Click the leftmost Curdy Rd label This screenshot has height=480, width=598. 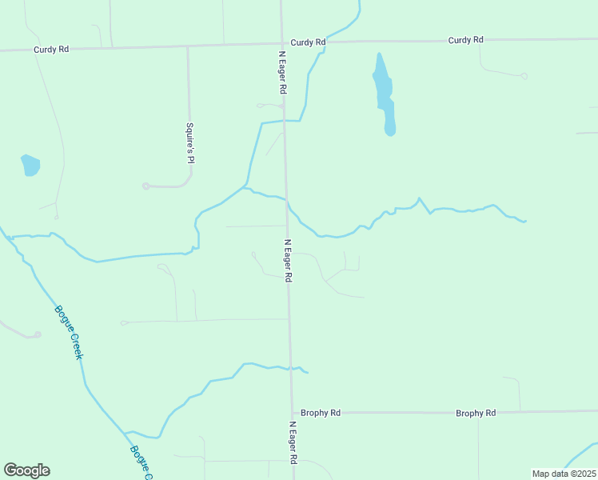pyautogui.click(x=51, y=49)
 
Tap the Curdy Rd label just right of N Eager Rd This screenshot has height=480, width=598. pyautogui.click(x=309, y=42)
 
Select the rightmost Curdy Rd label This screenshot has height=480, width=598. pyautogui.click(x=466, y=39)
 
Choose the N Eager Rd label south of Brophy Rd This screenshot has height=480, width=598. pyautogui.click(x=293, y=442)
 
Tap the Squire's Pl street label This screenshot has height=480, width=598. pyautogui.click(x=190, y=142)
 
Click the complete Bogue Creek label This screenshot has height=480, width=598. pyautogui.click(x=68, y=332)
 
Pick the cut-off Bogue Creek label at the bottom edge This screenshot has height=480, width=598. pyautogui.click(x=141, y=462)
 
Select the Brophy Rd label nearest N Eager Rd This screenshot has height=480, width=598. pyautogui.click(x=321, y=413)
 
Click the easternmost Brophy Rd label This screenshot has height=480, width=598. pyautogui.click(x=476, y=413)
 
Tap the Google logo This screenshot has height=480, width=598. pyautogui.click(x=26, y=470)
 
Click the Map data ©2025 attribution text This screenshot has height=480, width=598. pyautogui.click(x=564, y=474)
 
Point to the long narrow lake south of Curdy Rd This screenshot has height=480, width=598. pyautogui.click(x=384, y=92)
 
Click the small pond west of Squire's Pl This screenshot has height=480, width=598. pyautogui.click(x=30, y=165)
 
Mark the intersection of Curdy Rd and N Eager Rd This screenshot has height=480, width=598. pyautogui.click(x=282, y=44)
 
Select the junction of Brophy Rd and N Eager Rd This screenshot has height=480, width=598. pyautogui.click(x=291, y=413)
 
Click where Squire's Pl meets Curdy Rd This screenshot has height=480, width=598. pyautogui.click(x=188, y=46)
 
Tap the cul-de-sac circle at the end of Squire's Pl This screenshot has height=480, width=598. pyautogui.click(x=146, y=186)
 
